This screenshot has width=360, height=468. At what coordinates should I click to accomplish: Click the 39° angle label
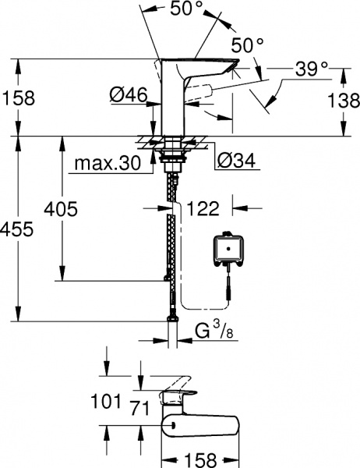tap(312, 69)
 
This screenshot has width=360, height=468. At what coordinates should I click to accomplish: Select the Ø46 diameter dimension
tap(126, 95)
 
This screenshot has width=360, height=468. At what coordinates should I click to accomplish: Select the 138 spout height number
tap(343, 100)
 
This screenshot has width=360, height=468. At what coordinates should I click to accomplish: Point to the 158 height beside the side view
tap(17, 100)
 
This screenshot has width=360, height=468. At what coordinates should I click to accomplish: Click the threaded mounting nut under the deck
tap(171, 160)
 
